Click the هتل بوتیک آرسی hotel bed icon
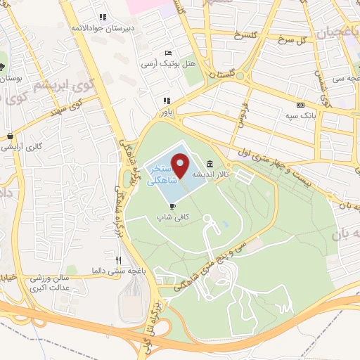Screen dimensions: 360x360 tap(167, 53)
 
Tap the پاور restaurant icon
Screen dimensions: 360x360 tap(167, 101)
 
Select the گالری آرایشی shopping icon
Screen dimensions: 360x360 tap(10, 136)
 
